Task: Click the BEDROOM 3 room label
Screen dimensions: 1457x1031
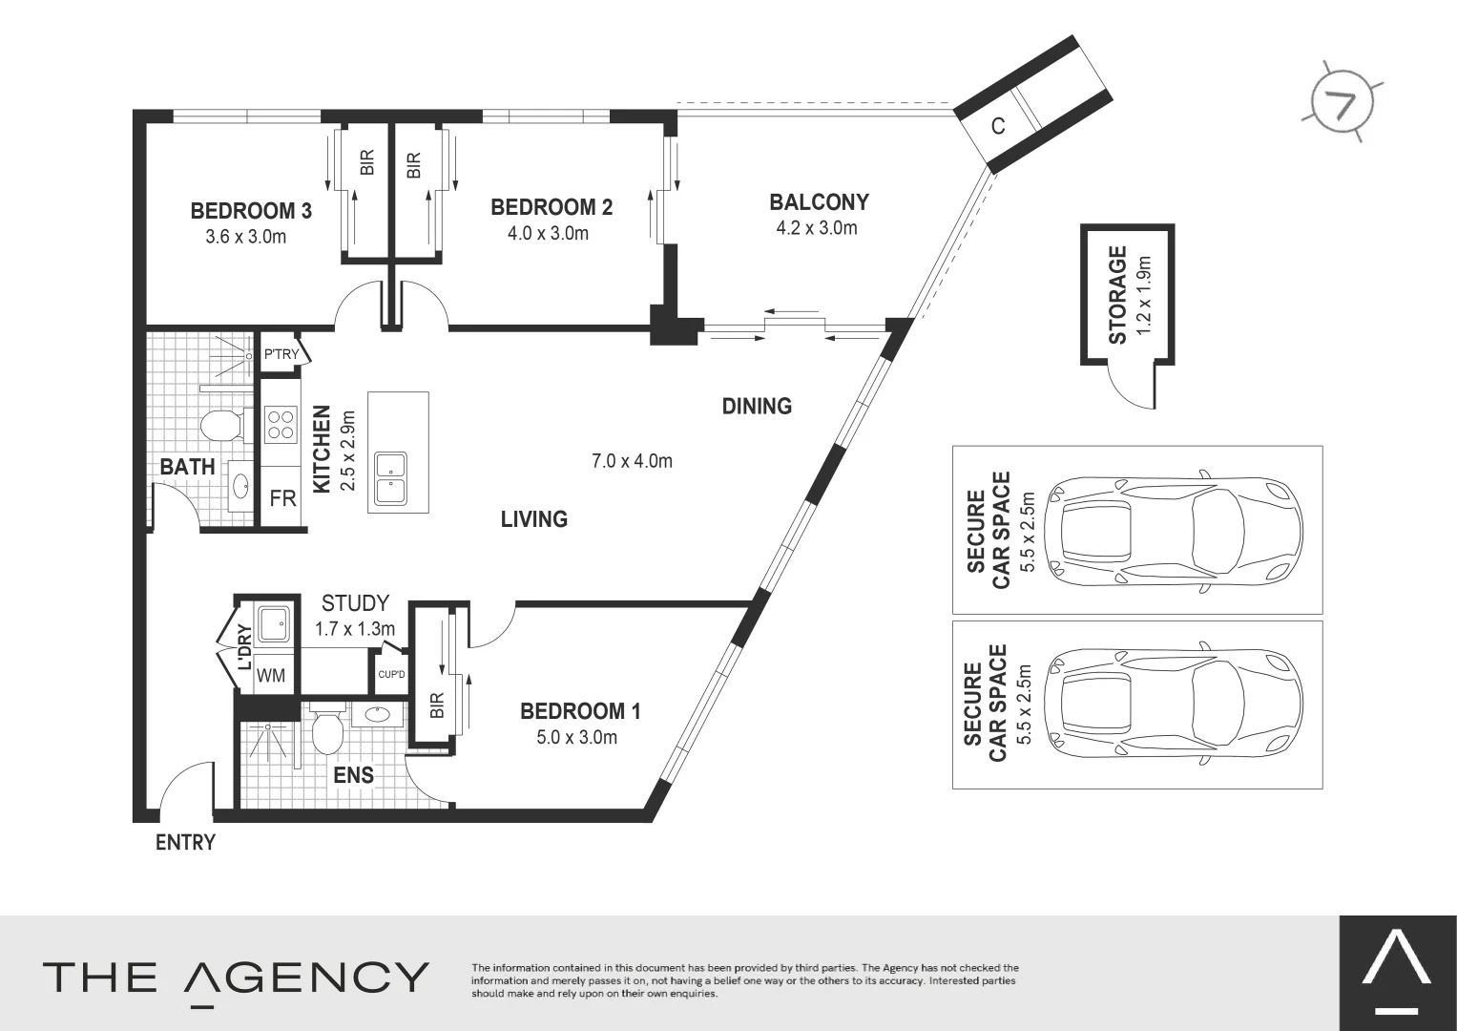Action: tap(251, 211)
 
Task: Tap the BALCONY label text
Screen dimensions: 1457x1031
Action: tap(819, 202)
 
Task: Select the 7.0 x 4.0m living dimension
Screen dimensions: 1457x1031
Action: tap(632, 461)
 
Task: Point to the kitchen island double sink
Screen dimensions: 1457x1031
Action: tap(391, 479)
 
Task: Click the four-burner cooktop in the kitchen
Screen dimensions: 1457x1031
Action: tap(281, 425)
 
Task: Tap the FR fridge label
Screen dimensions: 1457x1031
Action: tap(283, 498)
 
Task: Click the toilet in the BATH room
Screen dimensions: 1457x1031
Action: tap(225, 427)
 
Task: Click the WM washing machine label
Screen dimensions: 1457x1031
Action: tap(271, 676)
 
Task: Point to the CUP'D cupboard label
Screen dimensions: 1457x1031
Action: tap(391, 674)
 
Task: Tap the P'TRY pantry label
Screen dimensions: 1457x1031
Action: tap(281, 354)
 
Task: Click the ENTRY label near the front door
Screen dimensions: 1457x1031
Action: tap(185, 843)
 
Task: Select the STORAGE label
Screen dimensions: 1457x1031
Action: tap(1117, 295)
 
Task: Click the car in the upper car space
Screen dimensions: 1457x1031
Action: tap(1174, 531)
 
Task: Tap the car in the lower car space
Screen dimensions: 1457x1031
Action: tap(1174, 705)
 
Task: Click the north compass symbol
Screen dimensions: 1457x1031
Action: tap(1343, 103)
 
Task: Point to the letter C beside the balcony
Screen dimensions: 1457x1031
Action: tap(998, 126)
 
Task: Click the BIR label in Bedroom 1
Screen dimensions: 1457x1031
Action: tap(437, 705)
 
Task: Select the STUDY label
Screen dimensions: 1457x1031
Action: tap(355, 603)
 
